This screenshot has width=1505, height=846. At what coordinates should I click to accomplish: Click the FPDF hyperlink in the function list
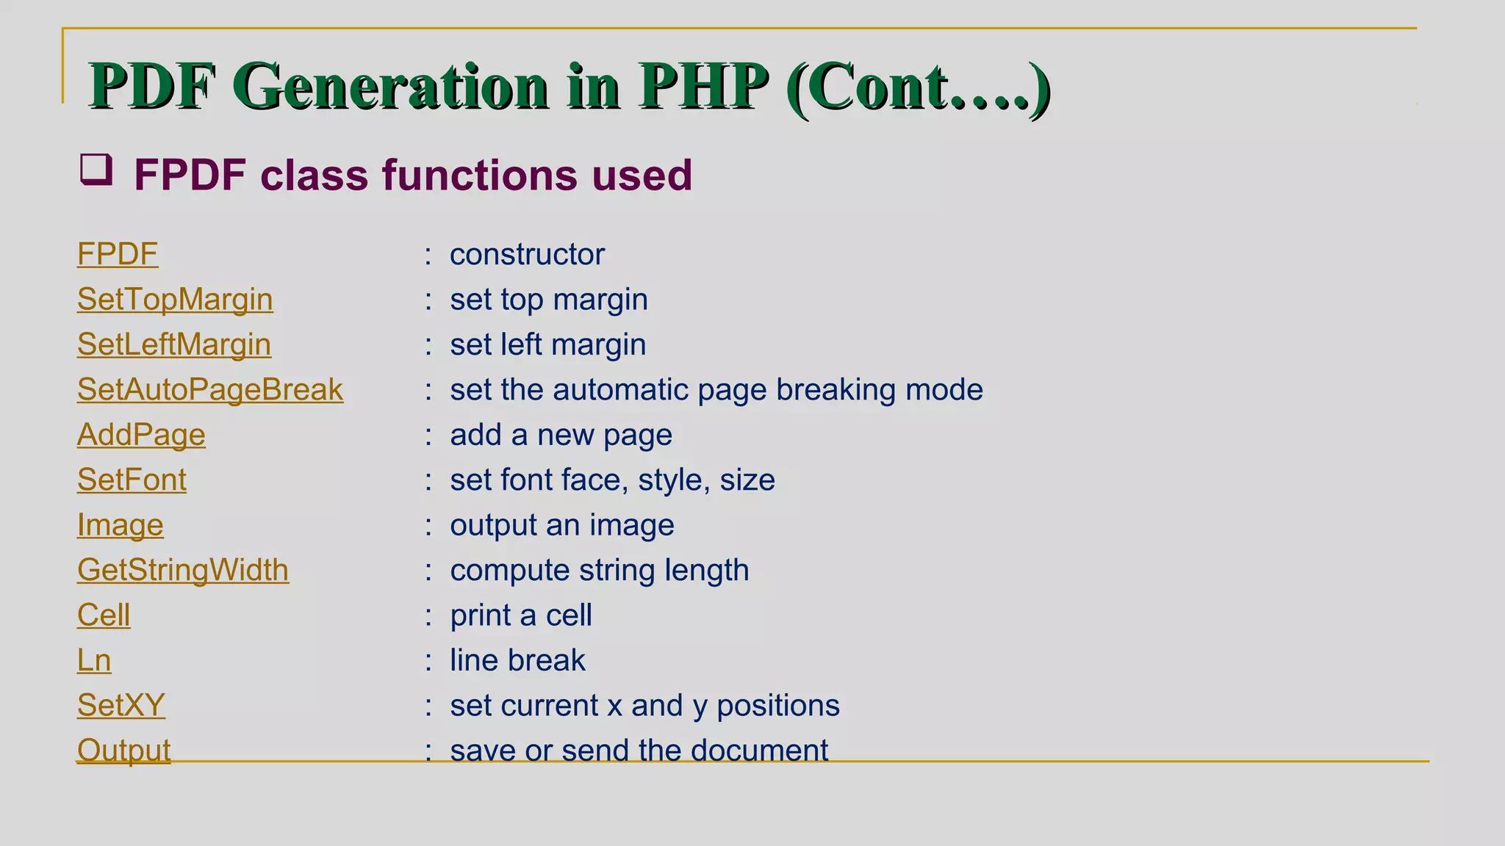click(x=118, y=254)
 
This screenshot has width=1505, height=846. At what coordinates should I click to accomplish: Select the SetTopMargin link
click(x=175, y=300)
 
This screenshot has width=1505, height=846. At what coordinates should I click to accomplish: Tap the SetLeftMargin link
click(x=174, y=344)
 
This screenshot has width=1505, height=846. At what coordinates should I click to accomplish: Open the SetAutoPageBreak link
click(x=210, y=389)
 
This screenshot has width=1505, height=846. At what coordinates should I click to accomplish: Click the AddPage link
click(x=141, y=435)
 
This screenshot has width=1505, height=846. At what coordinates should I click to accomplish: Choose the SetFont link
click(x=132, y=480)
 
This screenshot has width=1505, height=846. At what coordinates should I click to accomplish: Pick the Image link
click(x=121, y=525)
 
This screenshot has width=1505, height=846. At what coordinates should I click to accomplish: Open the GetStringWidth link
click(x=183, y=570)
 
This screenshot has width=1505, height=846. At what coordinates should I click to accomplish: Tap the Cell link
click(x=104, y=615)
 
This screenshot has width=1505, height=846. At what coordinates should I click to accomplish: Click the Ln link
click(x=94, y=660)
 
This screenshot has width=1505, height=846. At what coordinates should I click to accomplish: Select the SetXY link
click(x=121, y=705)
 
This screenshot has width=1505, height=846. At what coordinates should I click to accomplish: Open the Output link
click(x=123, y=750)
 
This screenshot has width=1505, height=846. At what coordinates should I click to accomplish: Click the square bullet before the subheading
click(x=96, y=170)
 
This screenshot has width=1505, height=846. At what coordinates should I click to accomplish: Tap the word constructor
click(x=527, y=254)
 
